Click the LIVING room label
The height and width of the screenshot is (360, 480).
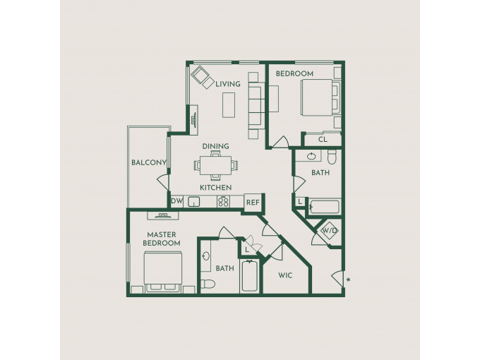pos(228,84)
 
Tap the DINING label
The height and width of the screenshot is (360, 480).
pos(216,146)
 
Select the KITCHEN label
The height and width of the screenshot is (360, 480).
pos(216,187)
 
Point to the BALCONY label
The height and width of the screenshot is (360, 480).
pos(149,162)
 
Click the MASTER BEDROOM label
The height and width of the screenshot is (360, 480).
pos(162,239)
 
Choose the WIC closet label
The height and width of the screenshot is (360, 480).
pos(285,275)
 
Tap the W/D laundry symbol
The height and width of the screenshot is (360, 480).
pos(330,230)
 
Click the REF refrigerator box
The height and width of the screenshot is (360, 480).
pos(253,203)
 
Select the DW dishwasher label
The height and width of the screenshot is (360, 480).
pos(176,201)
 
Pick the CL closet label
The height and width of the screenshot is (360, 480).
pos(323,140)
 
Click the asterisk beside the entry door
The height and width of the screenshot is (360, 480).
pos(349,280)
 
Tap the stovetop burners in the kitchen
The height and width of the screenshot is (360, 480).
pos(223,201)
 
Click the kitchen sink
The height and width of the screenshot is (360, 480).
pos(194,202)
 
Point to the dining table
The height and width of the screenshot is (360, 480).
pos(216,165)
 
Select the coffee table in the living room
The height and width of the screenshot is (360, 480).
pos(229,105)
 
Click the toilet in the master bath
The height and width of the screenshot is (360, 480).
pos(208,284)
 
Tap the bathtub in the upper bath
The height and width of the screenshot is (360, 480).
pos(325,207)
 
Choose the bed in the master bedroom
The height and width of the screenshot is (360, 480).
pos(163,272)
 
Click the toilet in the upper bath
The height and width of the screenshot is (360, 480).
pos(332,157)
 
